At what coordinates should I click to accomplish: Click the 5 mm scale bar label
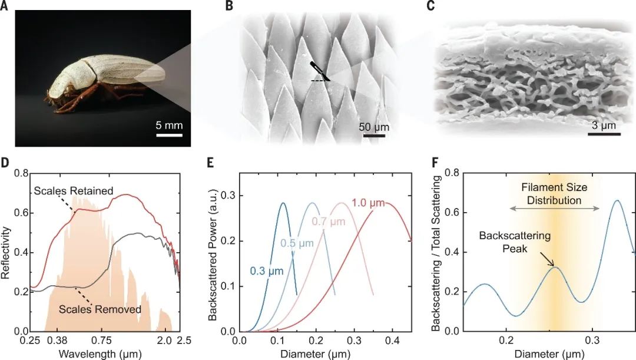coord(169,125)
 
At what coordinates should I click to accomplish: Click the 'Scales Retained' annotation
coord(74,191)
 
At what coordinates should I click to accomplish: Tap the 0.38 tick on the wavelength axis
coord(57,340)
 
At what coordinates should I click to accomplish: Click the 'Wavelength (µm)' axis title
coord(94,354)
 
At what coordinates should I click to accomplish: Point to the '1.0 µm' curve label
coord(369,204)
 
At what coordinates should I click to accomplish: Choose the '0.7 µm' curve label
coord(327,222)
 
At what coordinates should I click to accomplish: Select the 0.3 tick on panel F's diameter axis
coord(592,340)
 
